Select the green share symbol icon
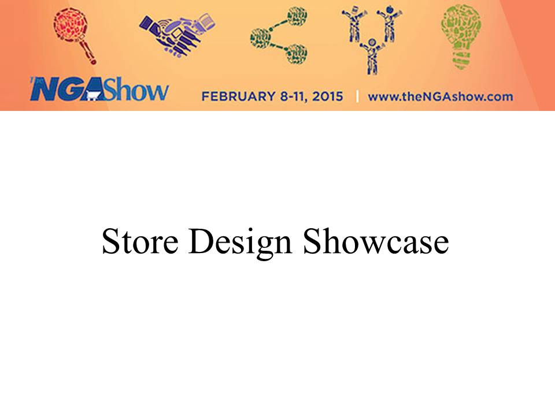click(x=279, y=36)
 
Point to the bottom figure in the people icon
click(x=372, y=57)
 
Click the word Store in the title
click(x=140, y=242)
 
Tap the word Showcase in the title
click(x=376, y=241)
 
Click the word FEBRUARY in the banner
click(x=238, y=96)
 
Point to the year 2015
click(x=327, y=96)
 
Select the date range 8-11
click(x=294, y=96)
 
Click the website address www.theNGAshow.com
click(x=441, y=96)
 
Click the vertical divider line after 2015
click(x=357, y=96)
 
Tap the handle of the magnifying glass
click(x=88, y=53)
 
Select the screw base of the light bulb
click(x=461, y=60)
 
